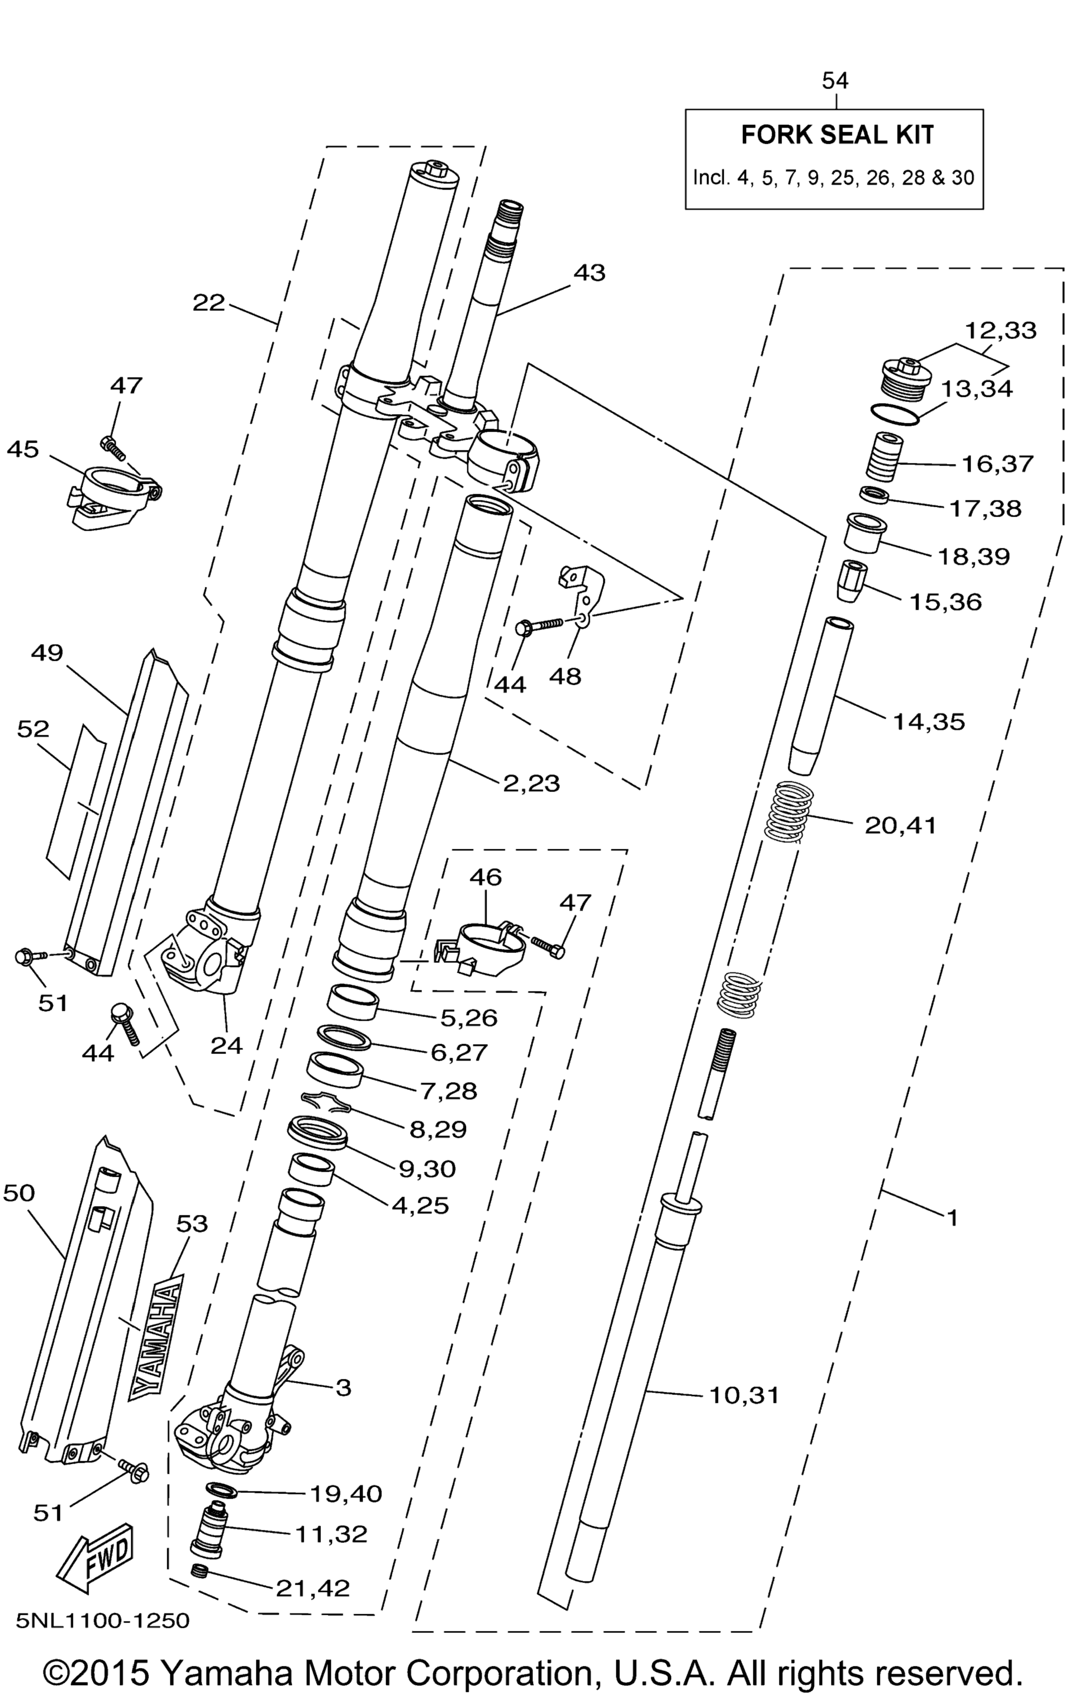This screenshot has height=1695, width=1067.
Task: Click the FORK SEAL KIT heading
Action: coord(837,134)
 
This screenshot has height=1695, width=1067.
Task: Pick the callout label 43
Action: coord(589,272)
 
